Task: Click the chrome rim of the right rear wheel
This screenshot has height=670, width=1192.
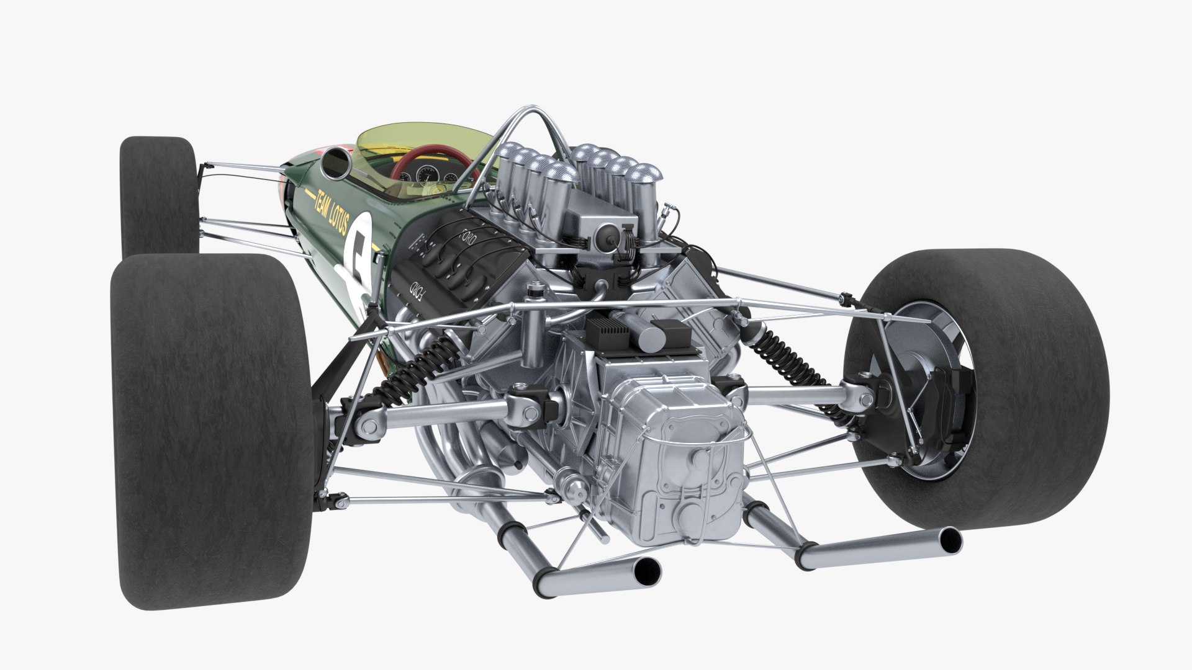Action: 944,385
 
